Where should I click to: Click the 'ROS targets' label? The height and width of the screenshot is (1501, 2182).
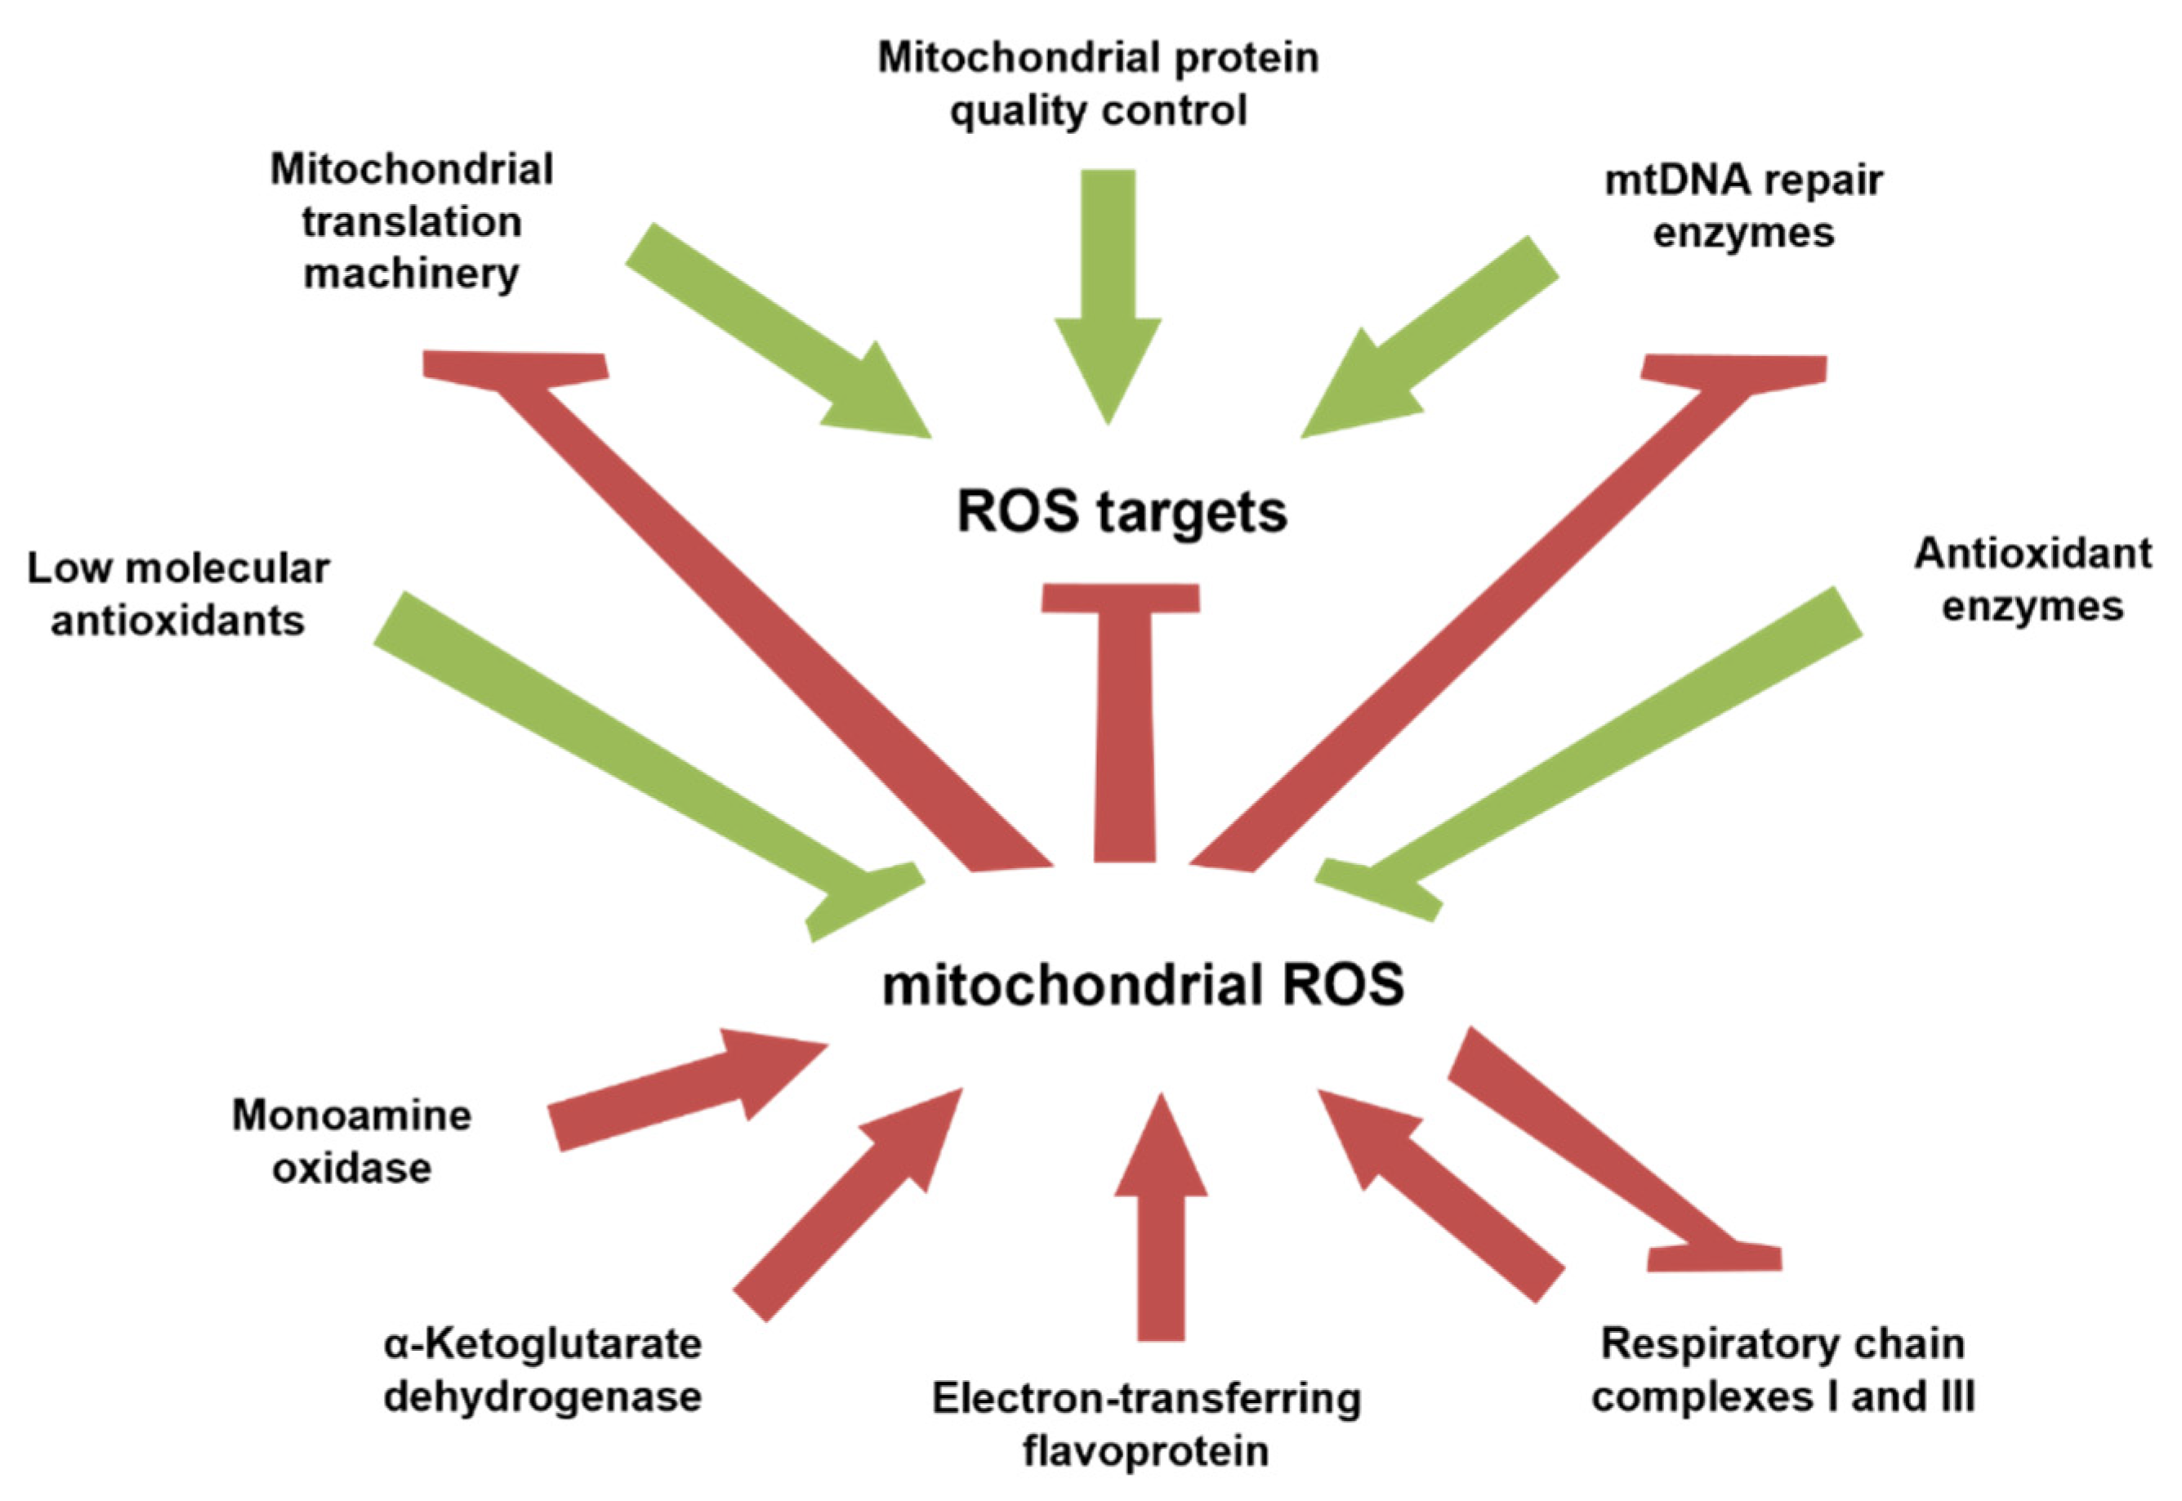point(1121,513)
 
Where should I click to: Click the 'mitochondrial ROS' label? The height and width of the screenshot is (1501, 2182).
point(1143,986)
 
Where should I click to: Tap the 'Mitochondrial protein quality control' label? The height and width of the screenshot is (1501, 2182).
point(1098,85)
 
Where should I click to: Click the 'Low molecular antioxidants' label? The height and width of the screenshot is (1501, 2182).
point(178,595)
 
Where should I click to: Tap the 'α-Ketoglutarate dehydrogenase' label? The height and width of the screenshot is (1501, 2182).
point(542,1370)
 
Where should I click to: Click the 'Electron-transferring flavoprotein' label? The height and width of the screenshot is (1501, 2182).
point(1145,1424)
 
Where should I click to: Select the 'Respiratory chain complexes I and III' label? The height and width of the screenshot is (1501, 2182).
point(1783,1370)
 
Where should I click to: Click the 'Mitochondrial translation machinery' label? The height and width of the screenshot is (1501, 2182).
point(411,222)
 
